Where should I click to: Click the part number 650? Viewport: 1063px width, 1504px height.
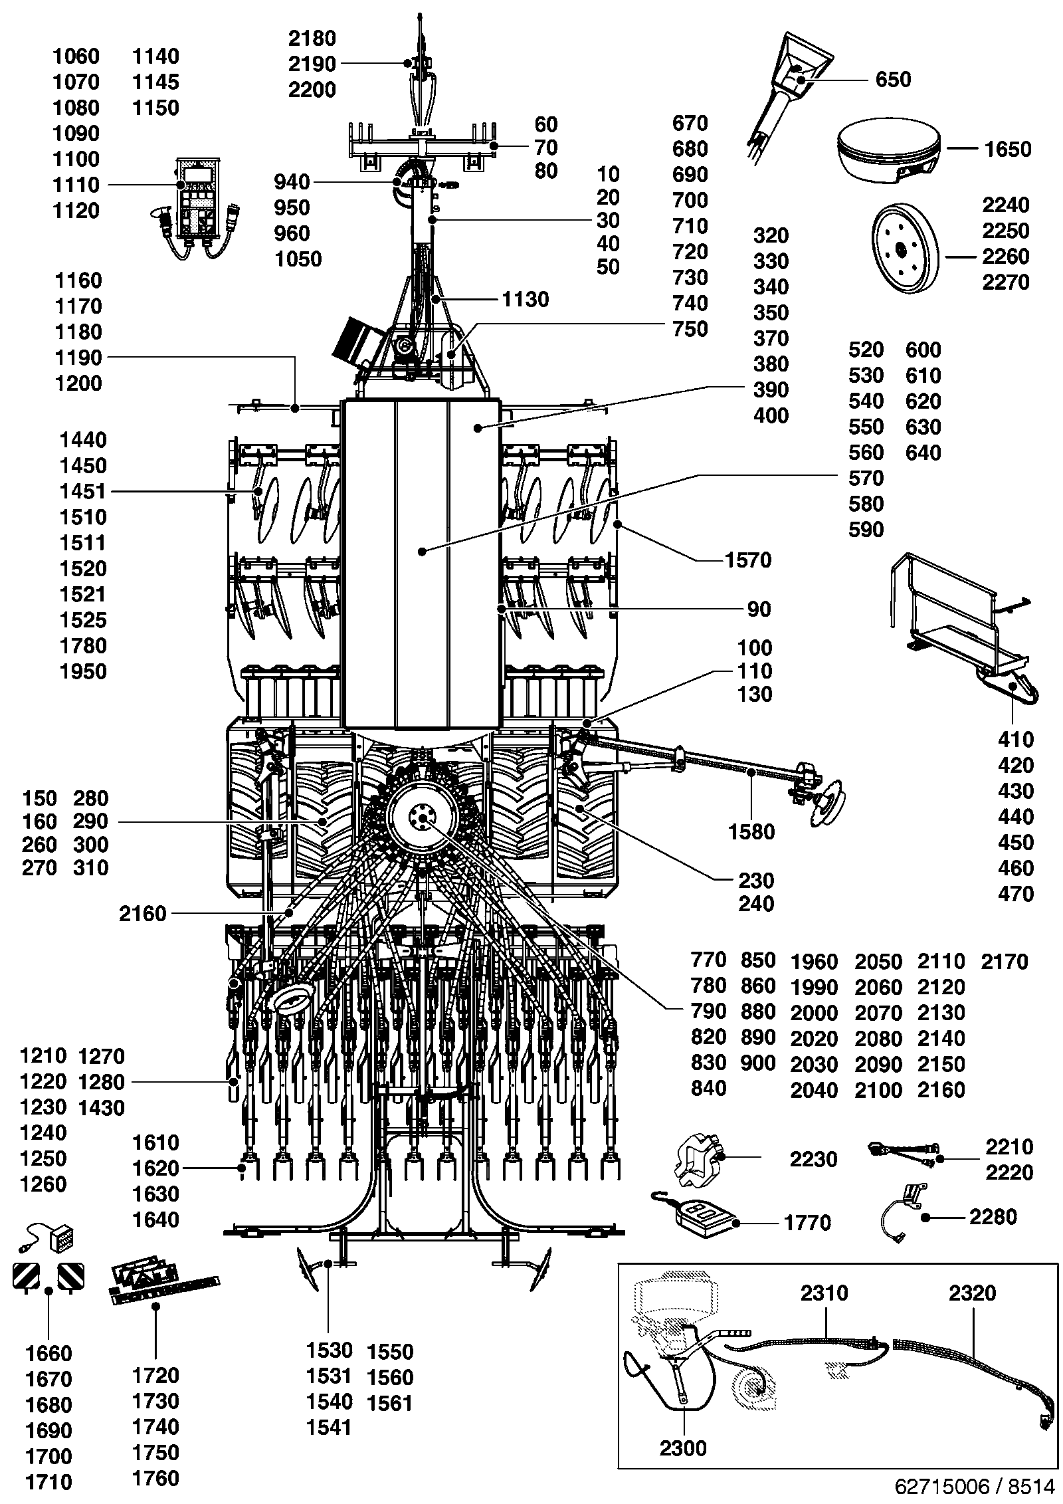pos(893,80)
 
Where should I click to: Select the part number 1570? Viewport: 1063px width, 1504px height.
pos(748,560)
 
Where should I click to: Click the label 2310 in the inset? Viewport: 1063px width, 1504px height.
pos(824,1293)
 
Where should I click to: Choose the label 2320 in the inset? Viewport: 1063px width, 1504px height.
pos(973,1293)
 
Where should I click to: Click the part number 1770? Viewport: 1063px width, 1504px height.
pos(807,1222)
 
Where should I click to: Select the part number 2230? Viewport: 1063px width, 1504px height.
pos(814,1159)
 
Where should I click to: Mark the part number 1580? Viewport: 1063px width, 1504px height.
pos(751,831)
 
